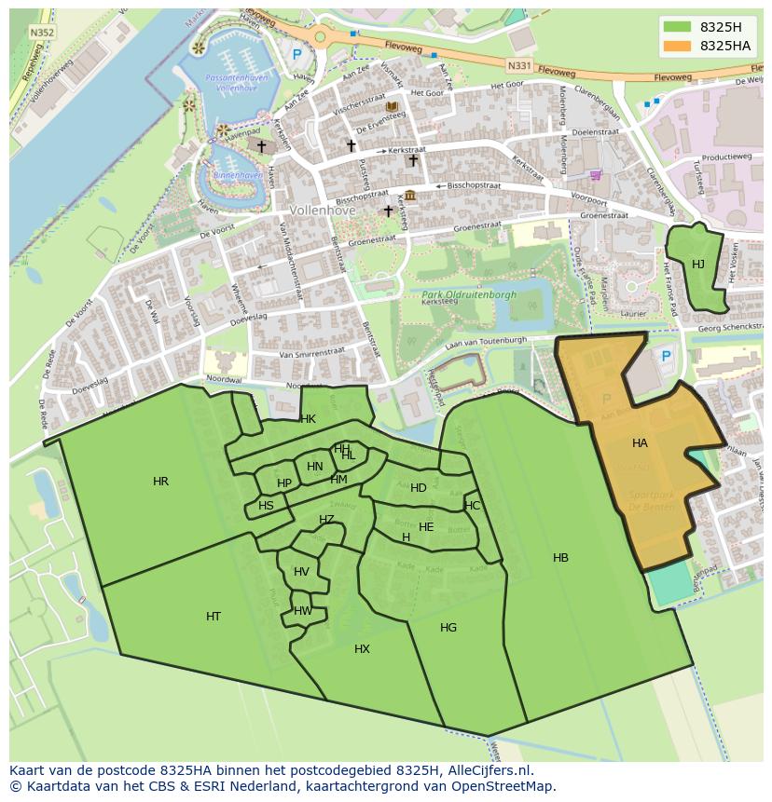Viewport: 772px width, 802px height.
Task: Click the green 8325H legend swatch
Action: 678,27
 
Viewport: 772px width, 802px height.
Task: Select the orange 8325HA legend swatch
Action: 678,46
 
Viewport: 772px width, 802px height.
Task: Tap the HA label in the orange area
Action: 640,443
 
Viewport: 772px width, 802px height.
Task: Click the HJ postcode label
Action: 698,265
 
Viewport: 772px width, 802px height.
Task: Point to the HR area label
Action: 160,482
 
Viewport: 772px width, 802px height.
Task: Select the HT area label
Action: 214,617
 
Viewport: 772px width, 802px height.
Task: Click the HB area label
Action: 560,558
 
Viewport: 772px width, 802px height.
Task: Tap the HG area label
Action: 448,628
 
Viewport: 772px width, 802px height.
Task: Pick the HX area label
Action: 362,649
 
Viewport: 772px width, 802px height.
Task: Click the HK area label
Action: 308,419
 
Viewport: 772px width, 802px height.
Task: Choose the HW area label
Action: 303,611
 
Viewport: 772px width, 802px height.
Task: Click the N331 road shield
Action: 519,66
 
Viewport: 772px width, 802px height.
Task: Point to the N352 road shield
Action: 42,32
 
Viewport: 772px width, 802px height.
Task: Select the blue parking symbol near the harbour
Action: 297,55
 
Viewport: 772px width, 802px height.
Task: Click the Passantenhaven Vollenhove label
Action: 236,83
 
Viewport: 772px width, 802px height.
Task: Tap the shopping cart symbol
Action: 596,174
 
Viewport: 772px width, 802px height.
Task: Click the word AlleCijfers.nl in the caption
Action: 486,770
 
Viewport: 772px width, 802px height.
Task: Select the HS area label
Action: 267,506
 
